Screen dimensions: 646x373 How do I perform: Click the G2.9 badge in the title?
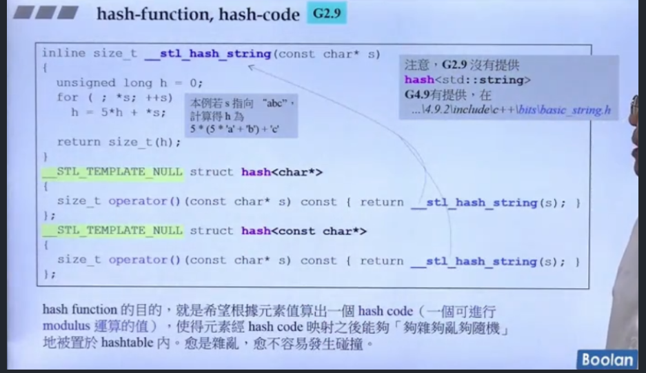[x=326, y=14]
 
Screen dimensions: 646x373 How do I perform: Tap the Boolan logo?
[x=607, y=359]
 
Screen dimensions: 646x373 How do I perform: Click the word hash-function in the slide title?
[x=141, y=14]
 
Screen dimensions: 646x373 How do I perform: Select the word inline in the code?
[x=63, y=54]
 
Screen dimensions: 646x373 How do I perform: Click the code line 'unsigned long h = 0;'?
[x=130, y=83]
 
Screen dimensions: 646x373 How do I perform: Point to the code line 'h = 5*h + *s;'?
[x=118, y=112]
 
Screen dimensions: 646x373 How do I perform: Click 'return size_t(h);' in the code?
[x=119, y=142]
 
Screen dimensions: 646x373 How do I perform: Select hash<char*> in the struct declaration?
[x=281, y=172]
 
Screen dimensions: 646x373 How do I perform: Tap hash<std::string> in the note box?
[x=467, y=80]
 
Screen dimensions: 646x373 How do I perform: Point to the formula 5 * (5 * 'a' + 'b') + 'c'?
[x=235, y=129]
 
